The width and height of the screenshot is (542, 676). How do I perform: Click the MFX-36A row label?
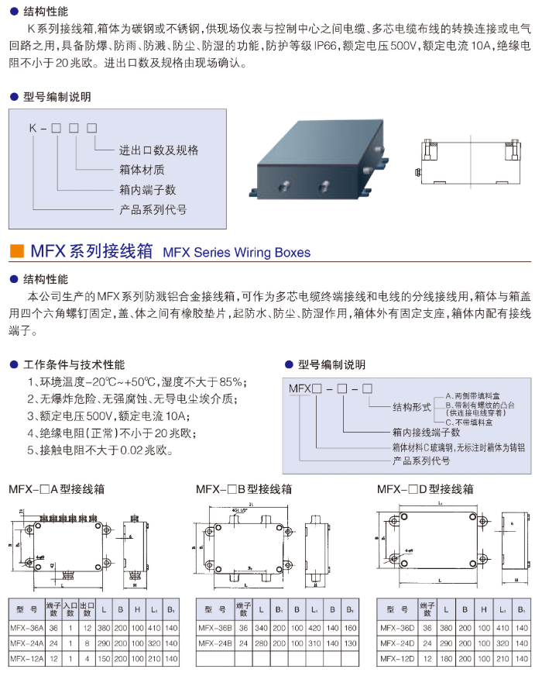(x=26, y=627)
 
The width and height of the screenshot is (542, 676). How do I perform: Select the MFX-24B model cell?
(x=216, y=643)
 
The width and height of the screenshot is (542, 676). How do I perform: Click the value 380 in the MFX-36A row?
(x=104, y=627)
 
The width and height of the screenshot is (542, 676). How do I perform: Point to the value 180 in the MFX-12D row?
(x=447, y=658)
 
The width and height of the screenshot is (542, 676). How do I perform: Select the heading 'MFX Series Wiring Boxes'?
(x=237, y=253)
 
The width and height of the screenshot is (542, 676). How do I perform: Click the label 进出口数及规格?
(x=159, y=150)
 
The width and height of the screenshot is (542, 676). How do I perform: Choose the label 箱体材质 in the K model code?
(x=142, y=170)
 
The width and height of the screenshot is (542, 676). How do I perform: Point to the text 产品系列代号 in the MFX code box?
(x=422, y=461)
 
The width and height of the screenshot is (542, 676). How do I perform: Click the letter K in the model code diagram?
(x=33, y=127)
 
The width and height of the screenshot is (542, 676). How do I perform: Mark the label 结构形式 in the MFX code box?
(x=412, y=406)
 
